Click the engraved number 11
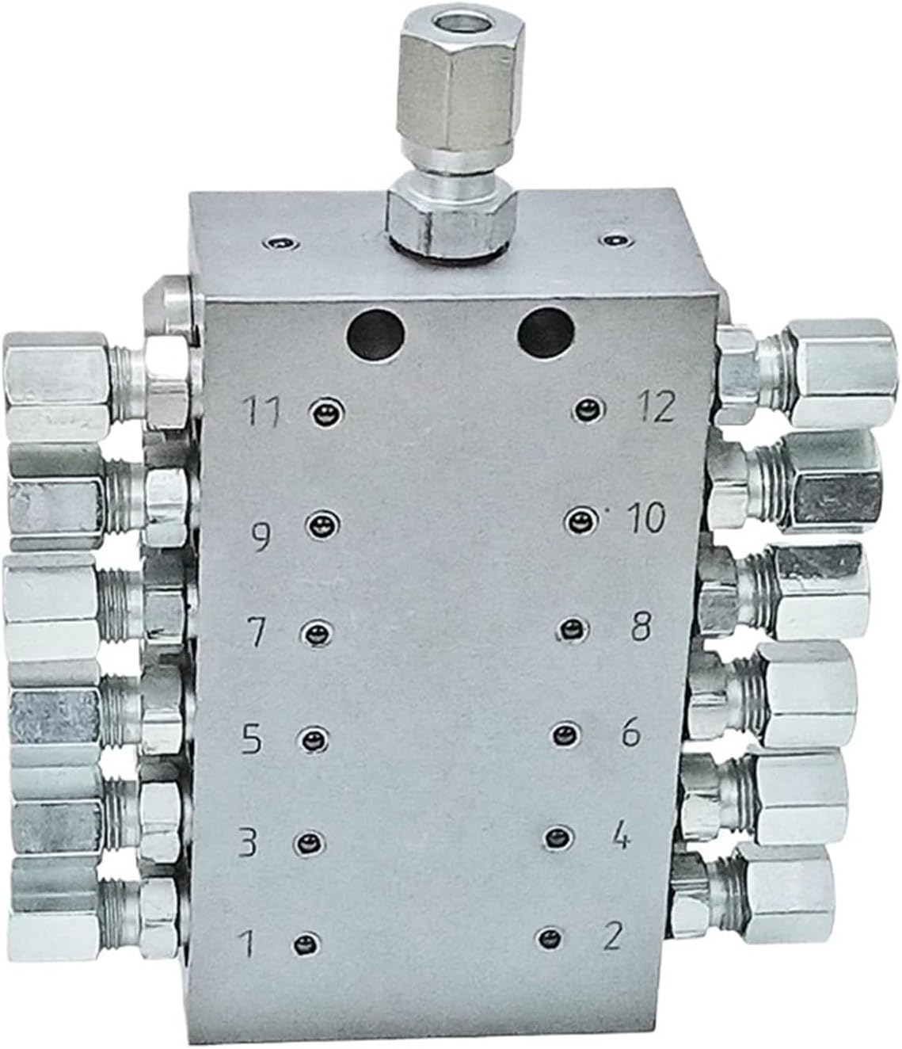coord(262,414)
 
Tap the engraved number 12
coord(653,407)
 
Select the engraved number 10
coord(646,520)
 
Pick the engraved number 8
coord(639,628)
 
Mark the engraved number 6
coord(630,734)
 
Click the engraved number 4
coord(622,837)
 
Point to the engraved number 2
coord(612,936)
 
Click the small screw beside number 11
coord(323,410)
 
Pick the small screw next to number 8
coord(570,630)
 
